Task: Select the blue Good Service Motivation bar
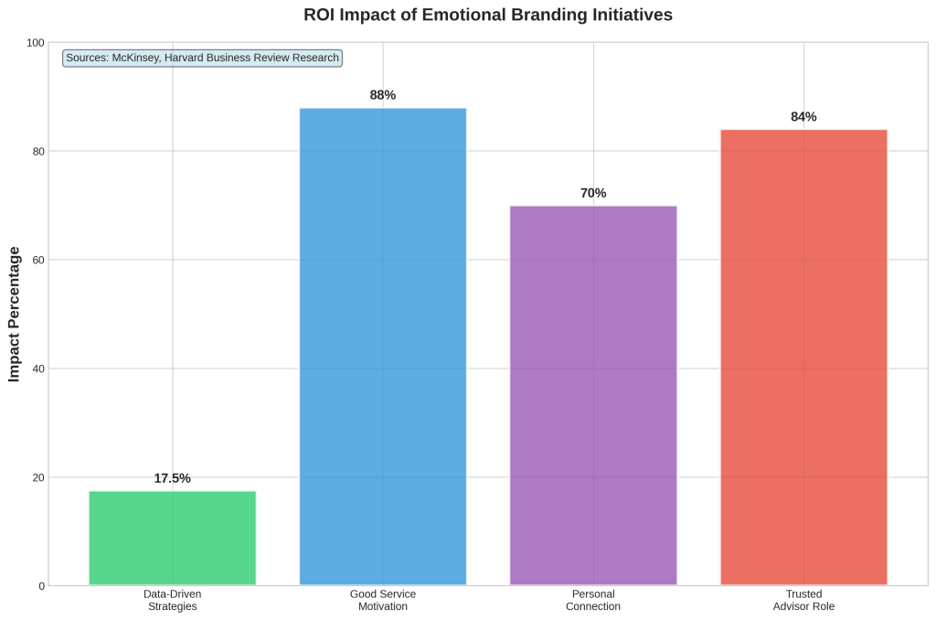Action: pos(383,347)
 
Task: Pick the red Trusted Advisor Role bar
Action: pos(803,357)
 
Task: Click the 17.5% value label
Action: pos(172,478)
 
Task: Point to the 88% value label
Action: pos(383,95)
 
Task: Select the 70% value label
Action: pos(593,193)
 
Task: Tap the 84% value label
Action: pos(803,117)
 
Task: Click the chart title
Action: pos(487,16)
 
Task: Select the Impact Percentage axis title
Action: pos(15,314)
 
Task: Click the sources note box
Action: pos(202,58)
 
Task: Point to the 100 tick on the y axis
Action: pos(35,43)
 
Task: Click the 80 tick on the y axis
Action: pos(37,151)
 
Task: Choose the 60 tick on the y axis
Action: pos(37,260)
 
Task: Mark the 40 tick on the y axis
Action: pos(37,369)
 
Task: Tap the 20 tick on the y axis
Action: pos(37,477)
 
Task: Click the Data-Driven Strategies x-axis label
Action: pos(172,600)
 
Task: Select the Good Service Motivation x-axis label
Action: pos(383,600)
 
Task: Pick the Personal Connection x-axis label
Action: pos(593,600)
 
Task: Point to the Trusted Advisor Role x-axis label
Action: pos(803,600)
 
